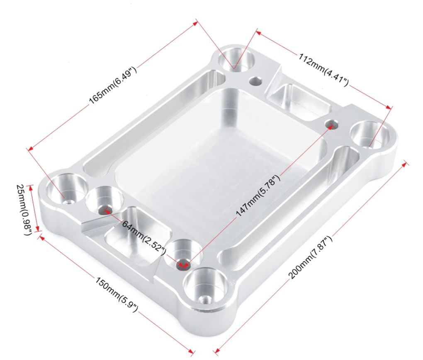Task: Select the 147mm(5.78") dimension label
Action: point(258,196)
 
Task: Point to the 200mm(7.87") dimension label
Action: point(310,258)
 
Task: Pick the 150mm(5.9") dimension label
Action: point(117,294)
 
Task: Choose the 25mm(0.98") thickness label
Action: point(24,209)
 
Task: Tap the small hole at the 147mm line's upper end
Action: point(331,125)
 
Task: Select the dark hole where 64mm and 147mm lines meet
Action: point(183,264)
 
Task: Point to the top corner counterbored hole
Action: point(236,60)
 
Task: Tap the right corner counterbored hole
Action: point(370,135)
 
